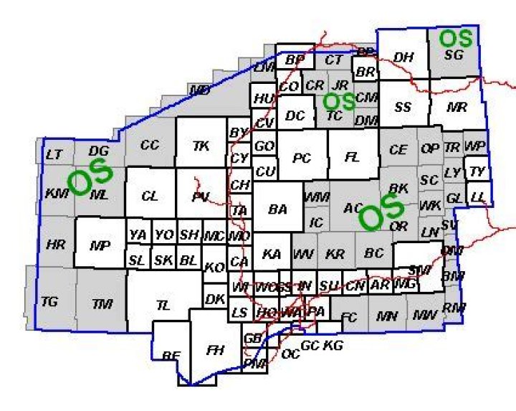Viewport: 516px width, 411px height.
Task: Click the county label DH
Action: coord(403,57)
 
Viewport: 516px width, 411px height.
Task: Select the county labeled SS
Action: coord(403,108)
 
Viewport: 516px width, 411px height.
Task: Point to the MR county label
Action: coord(457,108)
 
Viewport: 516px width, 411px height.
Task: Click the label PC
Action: coord(302,159)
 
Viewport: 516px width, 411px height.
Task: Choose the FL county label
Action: coord(351,159)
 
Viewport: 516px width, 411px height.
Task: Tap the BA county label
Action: coord(277,209)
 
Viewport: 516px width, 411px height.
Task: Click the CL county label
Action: coord(149,196)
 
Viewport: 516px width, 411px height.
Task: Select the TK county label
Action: coord(201,146)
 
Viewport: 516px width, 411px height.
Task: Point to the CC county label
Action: coord(149,145)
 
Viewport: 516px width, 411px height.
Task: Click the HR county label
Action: coord(55,245)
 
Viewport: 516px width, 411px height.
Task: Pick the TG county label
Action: coord(49,302)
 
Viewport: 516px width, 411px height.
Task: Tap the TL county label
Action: coord(163,305)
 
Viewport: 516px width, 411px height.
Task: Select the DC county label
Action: coord(295,115)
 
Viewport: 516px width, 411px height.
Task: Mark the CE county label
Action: coord(398,150)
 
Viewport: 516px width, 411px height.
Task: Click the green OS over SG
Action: coord(456,37)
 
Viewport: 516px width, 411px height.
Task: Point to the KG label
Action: coord(333,346)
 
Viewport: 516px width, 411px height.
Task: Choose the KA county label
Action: coord(272,254)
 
